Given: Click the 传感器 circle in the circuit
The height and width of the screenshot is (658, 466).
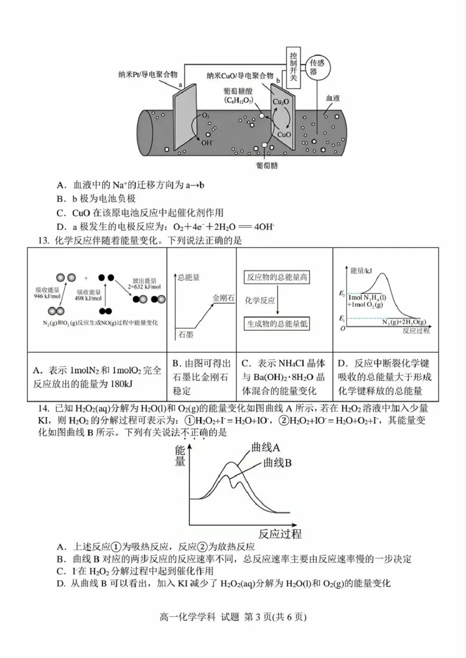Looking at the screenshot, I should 316,67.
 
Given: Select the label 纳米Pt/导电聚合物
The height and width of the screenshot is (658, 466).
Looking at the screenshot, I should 150,75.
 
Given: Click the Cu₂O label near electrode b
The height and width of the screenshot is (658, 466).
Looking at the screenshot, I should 282,103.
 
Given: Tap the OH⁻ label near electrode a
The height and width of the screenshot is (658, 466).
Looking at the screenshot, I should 207,141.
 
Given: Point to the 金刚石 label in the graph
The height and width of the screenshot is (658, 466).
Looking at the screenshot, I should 223,298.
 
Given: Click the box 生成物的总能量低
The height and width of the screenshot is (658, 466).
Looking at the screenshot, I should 277,324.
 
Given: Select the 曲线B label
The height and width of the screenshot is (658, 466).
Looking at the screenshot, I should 277,463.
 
